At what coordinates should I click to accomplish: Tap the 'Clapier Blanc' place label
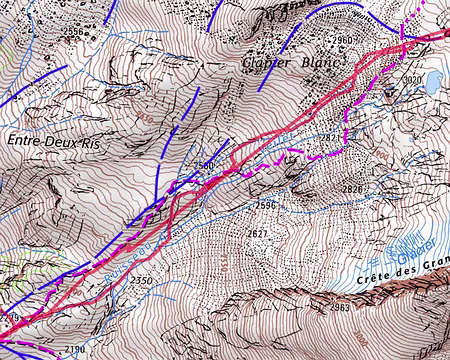coord(291,62)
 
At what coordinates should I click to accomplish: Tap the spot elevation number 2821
coord(330,137)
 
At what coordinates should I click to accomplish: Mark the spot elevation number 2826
coord(352,189)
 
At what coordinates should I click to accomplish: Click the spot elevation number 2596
coord(265,206)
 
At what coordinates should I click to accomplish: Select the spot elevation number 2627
coord(257,234)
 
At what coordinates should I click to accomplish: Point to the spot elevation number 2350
coord(141,281)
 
